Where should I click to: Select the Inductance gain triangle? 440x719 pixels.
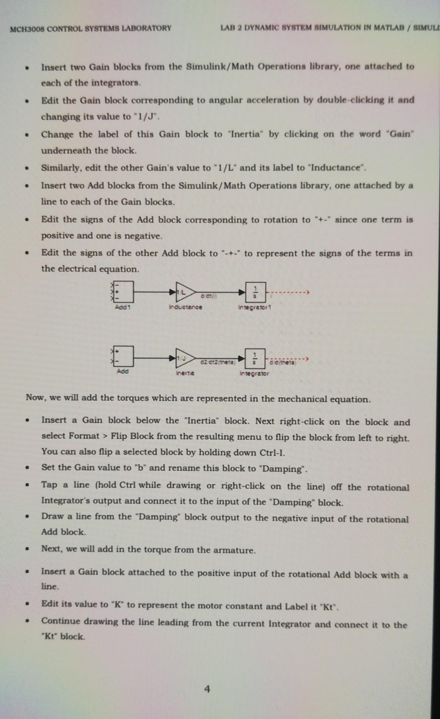coord(184,292)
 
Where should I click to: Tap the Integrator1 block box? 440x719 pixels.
coord(255,292)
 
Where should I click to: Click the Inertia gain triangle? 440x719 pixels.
coord(184,358)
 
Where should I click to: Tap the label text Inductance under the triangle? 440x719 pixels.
coord(185,307)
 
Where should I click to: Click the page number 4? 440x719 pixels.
coord(207,689)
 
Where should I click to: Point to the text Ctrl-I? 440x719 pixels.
coord(272,452)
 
